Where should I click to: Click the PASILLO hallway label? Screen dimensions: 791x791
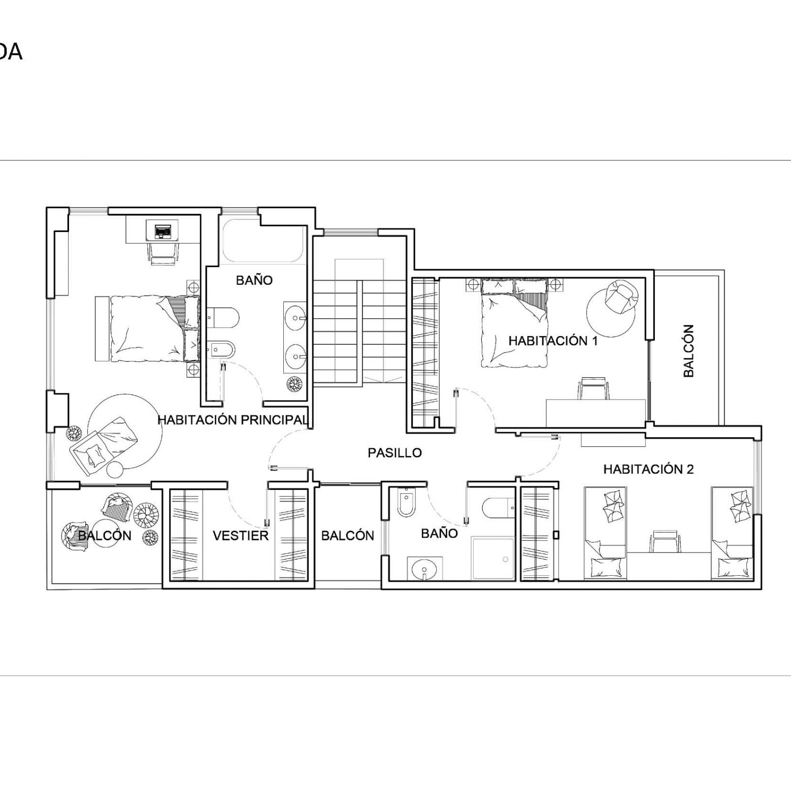coord(394,452)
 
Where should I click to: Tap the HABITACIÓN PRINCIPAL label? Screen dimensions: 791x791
coord(233,420)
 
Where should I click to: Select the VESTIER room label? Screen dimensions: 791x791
coord(241,536)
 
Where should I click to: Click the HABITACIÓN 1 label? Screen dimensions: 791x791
coord(553,341)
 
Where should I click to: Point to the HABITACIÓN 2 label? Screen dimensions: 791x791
coord(648,469)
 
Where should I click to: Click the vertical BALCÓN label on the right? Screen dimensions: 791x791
coord(688,351)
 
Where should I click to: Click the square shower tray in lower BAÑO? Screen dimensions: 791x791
coord(493,557)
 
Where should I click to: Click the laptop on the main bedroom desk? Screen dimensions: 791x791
coord(162,230)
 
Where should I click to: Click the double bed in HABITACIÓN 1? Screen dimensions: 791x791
coord(514,322)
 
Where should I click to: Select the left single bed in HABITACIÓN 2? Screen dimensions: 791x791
coord(605,533)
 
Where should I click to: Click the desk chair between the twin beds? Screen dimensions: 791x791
coord(665,541)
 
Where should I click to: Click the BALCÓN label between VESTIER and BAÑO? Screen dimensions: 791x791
coord(348,536)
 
